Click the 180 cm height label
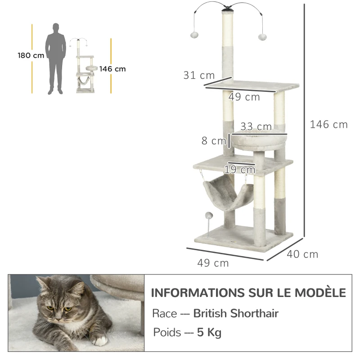click(31, 55)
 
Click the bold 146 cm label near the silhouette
click(112, 69)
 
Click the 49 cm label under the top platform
click(244, 97)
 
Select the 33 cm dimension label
click(256, 127)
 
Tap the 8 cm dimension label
click(213, 141)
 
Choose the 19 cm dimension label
click(240, 170)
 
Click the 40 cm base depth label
click(302, 254)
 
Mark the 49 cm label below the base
click(213, 263)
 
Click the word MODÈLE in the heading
click(320, 292)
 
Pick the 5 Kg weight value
click(209, 333)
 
